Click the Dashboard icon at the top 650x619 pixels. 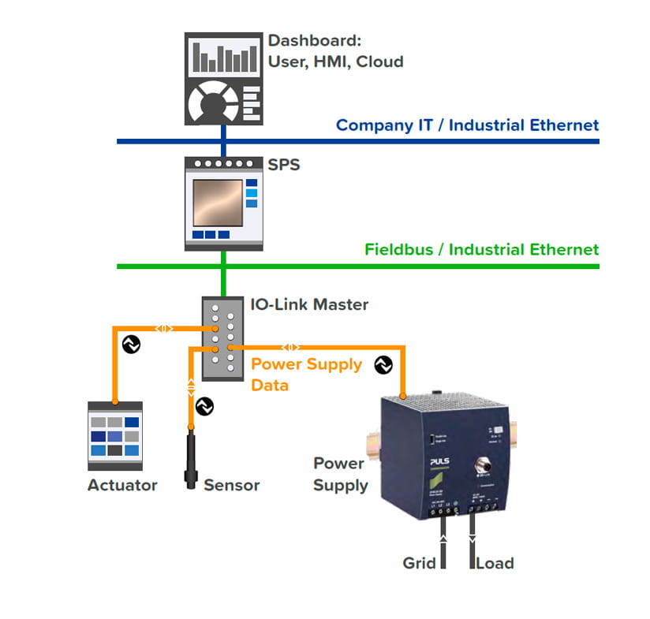tap(223, 77)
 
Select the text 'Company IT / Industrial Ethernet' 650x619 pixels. tap(467, 125)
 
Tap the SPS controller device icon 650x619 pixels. tap(223, 203)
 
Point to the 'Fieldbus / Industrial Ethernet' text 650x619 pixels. tap(481, 249)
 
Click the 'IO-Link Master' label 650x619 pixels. tap(309, 304)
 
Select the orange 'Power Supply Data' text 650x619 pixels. tap(305, 375)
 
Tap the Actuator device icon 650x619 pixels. tap(114, 436)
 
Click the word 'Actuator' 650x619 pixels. tap(122, 485)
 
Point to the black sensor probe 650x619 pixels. tap(192, 457)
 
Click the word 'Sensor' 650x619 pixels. tap(231, 485)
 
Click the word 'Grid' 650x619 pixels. tap(420, 563)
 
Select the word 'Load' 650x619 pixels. tap(495, 563)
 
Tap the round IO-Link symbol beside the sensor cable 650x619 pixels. tap(204, 406)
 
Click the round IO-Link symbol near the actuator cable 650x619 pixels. tap(130, 345)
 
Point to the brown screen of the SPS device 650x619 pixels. tap(217, 203)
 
